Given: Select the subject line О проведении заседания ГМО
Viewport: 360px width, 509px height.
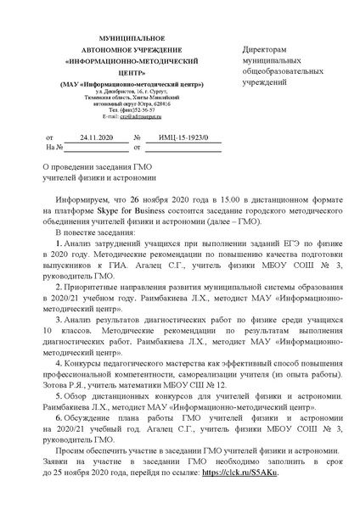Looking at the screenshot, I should click(97, 166).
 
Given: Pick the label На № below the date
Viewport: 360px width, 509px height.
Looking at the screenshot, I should click(53, 147).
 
